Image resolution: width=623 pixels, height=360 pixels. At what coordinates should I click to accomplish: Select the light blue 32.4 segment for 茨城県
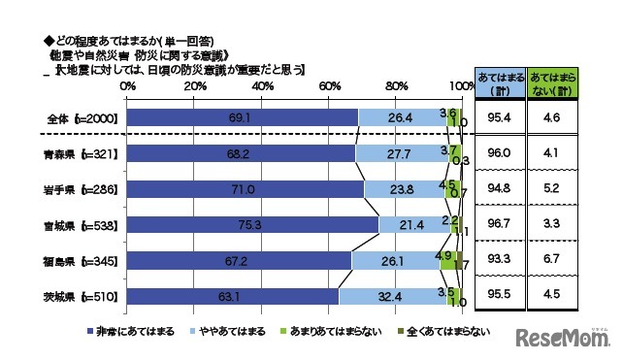tap(393, 296)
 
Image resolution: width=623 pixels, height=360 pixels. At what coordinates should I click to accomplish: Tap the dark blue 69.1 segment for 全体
tap(243, 118)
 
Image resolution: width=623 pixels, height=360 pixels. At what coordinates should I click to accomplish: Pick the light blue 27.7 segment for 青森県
tap(401, 154)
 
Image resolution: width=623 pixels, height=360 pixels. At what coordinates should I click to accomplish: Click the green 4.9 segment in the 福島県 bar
tap(447, 260)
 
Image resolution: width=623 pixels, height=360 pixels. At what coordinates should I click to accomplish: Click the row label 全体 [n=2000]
tap(82, 118)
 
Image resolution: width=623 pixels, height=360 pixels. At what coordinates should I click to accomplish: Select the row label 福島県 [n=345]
tap(81, 261)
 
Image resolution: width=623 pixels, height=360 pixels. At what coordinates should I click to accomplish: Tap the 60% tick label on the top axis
tap(328, 86)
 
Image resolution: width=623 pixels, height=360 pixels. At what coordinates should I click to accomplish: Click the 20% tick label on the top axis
tap(194, 86)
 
